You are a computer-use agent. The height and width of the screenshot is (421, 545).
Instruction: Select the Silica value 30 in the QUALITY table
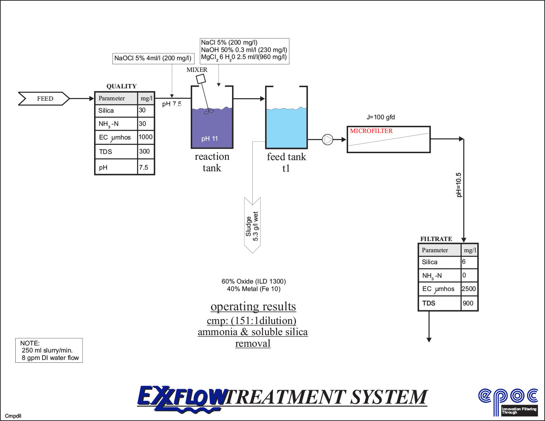142,110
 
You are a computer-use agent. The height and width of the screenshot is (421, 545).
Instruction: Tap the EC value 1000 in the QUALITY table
145,137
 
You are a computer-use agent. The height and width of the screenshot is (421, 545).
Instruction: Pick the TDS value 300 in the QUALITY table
144,151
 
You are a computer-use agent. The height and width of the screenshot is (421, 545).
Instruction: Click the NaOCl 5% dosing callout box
153,58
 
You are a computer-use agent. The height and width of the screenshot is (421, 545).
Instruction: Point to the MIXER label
197,70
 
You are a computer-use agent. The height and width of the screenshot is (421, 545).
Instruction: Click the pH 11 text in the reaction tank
209,139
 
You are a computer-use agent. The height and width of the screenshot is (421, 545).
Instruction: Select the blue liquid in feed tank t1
286,128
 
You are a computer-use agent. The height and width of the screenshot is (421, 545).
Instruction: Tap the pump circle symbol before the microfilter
327,140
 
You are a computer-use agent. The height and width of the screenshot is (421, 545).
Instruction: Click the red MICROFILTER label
371,131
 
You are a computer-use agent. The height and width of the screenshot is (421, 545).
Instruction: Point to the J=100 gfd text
381,117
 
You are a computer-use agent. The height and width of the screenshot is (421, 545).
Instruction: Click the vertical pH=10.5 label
459,185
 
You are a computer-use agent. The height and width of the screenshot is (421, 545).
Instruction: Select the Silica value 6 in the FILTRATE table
464,262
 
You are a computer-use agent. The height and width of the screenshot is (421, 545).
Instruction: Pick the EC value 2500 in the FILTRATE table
469,289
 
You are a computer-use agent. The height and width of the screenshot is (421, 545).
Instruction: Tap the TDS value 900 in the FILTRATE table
468,303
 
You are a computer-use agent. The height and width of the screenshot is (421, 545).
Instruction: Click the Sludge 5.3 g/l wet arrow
252,225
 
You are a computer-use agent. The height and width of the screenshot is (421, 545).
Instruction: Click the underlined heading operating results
253,307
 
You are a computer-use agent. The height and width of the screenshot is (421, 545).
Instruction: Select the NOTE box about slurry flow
49,350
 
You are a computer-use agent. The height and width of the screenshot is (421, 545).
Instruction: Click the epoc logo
508,400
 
